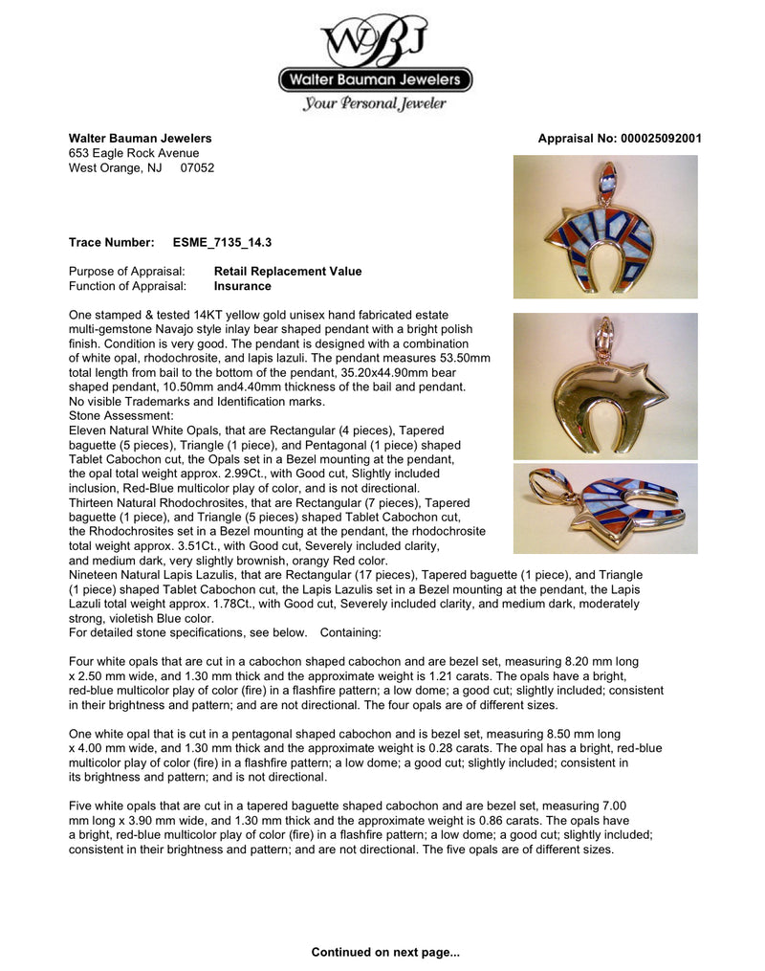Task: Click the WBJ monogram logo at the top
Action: point(375,40)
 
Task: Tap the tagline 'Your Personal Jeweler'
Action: point(375,103)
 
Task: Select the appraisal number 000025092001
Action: point(655,139)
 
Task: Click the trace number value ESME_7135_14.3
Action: point(222,243)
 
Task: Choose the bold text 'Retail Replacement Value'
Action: point(288,272)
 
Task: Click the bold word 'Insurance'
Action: point(242,286)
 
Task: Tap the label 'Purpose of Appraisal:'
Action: point(127,272)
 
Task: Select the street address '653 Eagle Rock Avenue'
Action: point(134,153)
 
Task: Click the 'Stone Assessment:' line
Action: point(121,416)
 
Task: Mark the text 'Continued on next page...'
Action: point(385,952)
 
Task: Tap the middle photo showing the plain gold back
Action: point(604,386)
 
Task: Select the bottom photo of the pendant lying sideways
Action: point(604,509)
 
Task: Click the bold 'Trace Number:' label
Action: point(111,243)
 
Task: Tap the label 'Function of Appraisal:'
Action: point(128,286)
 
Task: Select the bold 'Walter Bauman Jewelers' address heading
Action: point(141,139)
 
